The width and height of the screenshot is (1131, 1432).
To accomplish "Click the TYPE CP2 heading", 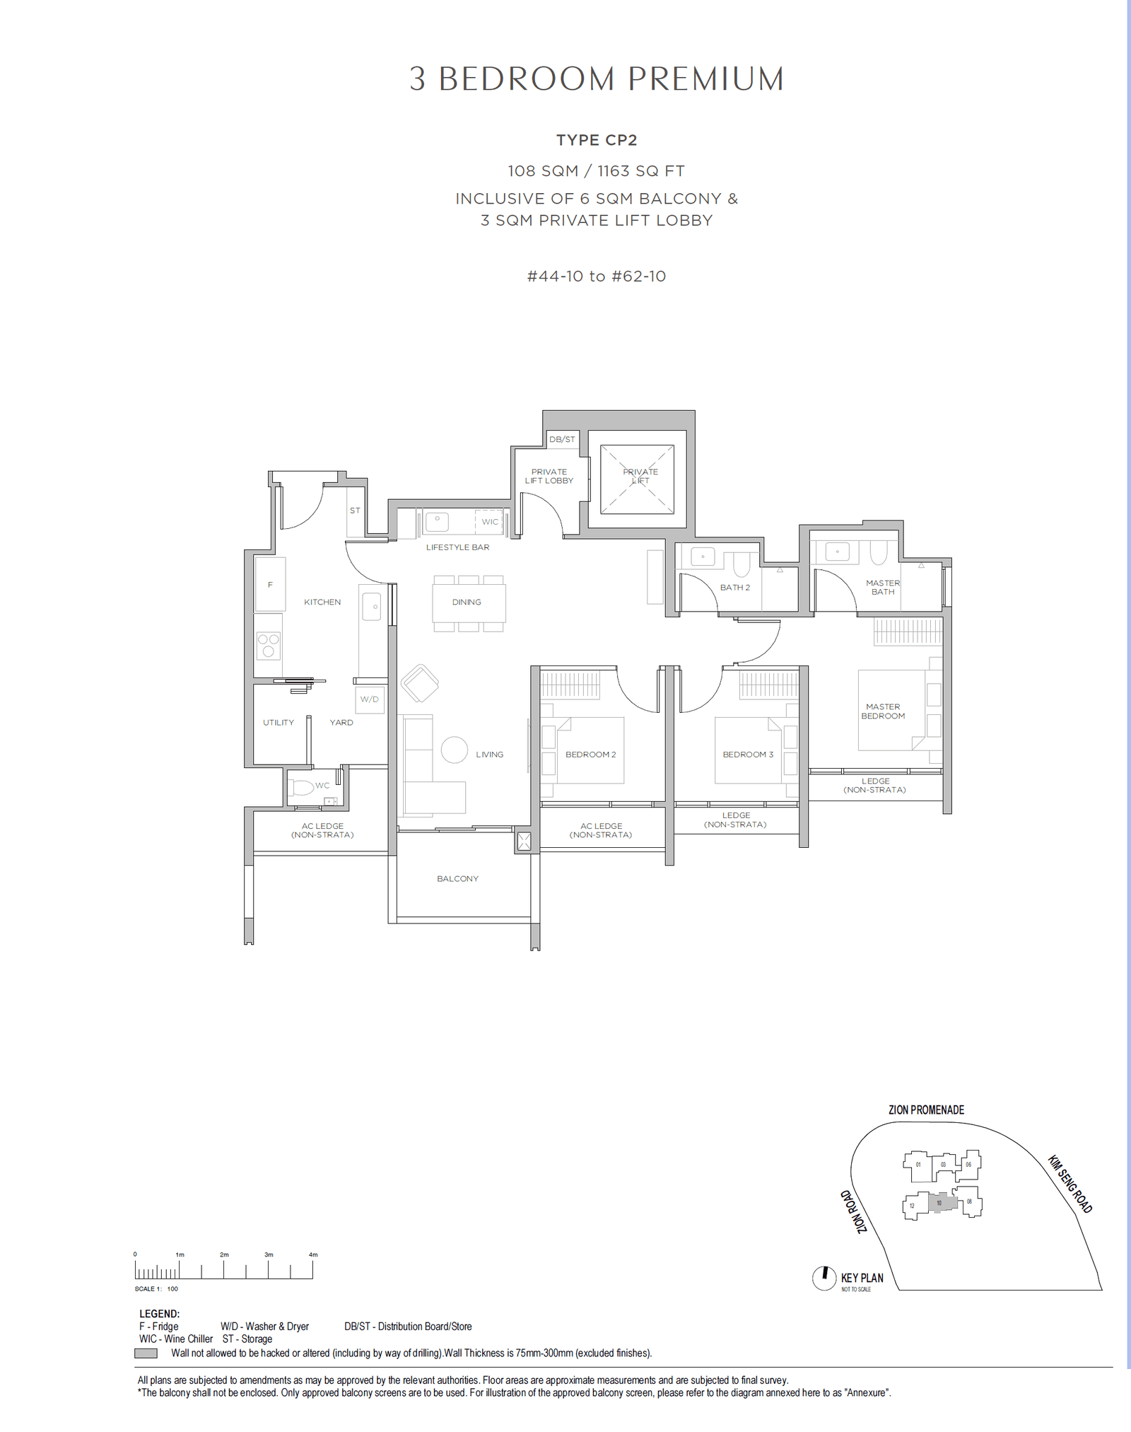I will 596,140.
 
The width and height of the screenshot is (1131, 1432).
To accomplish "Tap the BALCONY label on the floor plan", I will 457,878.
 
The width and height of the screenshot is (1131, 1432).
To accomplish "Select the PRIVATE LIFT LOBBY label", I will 549,476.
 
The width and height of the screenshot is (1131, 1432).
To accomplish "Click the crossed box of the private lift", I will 637,479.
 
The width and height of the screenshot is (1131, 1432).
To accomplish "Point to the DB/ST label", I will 562,439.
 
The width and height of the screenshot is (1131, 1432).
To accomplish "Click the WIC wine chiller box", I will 489,521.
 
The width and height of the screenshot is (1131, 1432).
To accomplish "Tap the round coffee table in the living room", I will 455,750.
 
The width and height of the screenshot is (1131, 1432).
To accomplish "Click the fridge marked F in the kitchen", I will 270,584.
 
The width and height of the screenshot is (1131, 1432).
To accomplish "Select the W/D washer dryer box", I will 370,699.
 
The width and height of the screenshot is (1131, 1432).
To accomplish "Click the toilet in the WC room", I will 303,786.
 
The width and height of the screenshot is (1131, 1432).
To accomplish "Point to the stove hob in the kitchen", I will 269,645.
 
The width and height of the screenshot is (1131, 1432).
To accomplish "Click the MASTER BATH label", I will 883,587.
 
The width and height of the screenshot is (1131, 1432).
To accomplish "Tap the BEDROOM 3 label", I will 748,755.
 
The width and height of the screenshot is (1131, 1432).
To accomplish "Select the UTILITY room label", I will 279,722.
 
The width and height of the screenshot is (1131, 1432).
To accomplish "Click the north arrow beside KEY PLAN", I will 824,1278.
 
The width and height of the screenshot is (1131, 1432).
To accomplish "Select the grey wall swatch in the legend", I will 146,1353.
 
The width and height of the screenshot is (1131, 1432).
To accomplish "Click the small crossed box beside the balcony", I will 524,841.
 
